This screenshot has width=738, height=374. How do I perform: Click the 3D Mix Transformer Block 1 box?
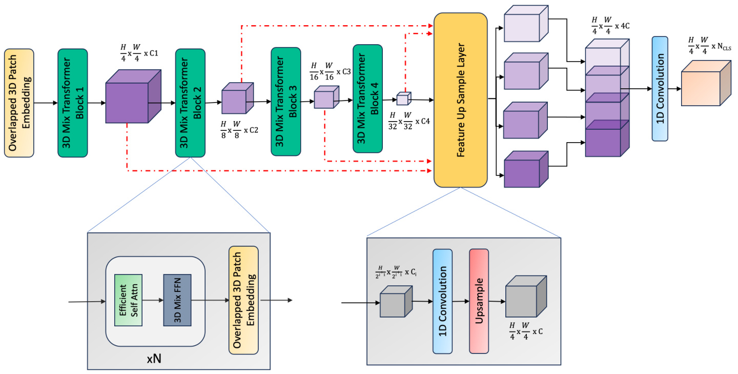[72, 103]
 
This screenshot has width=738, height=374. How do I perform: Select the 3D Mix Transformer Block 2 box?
[190, 103]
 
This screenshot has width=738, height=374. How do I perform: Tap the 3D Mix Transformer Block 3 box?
[285, 101]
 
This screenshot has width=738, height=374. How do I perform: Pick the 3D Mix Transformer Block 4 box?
[367, 99]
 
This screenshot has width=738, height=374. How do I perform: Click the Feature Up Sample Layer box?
[460, 100]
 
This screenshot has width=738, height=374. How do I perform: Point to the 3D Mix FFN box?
[177, 300]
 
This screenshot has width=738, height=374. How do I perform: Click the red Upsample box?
[479, 301]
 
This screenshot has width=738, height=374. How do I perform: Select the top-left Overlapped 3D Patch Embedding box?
[19, 103]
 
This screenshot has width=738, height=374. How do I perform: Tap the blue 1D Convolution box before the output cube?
[660, 88]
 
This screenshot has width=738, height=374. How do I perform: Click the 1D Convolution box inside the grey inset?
[443, 301]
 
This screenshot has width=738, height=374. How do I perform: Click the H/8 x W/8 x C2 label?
[239, 126]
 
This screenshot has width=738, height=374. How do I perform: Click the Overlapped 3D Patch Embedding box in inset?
[243, 300]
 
